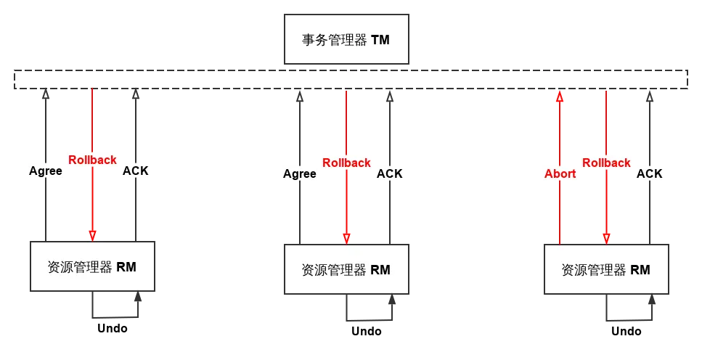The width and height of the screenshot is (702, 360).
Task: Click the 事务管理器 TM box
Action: [346, 39]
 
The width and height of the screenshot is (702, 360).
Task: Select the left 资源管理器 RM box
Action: [92, 266]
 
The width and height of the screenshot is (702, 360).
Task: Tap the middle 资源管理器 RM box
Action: [346, 269]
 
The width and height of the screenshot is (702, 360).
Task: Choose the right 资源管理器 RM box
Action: [605, 269]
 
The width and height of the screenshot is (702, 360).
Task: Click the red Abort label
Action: [560, 173]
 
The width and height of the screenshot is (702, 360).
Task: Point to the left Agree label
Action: [45, 171]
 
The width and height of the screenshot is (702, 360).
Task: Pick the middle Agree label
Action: [299, 173]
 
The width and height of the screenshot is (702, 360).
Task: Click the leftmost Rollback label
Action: [92, 160]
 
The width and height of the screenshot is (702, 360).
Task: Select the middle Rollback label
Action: [346, 163]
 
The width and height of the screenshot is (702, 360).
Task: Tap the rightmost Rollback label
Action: [606, 163]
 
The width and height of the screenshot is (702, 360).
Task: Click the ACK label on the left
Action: [136, 171]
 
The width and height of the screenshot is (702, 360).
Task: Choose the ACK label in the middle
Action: [390, 173]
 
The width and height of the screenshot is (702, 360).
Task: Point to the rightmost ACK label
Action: [649, 173]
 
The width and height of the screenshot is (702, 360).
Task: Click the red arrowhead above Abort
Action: [560, 96]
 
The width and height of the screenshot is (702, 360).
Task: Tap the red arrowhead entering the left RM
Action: [92, 235]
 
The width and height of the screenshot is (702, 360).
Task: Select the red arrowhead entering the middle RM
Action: [347, 238]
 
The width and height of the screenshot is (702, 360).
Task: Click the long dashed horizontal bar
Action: [351, 79]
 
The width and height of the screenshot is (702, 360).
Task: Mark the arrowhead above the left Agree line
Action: [45, 95]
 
